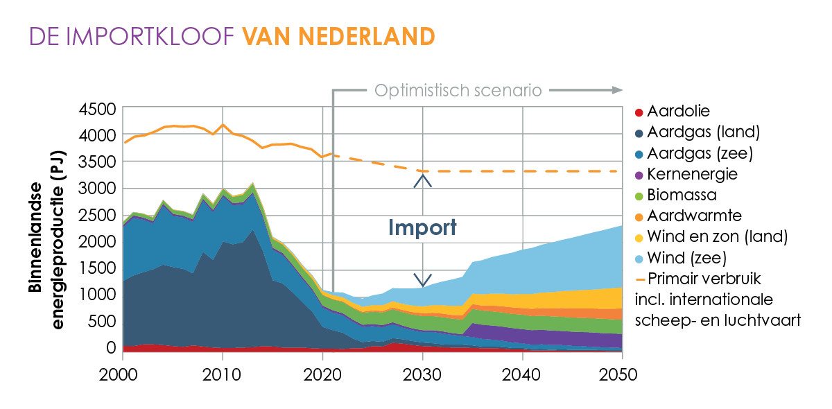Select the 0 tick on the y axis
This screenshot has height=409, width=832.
pos(110,347)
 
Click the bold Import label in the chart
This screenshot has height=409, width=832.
pos(422,228)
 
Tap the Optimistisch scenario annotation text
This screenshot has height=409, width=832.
pos(458,90)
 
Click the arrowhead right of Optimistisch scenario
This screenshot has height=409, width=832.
pos(617,90)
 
